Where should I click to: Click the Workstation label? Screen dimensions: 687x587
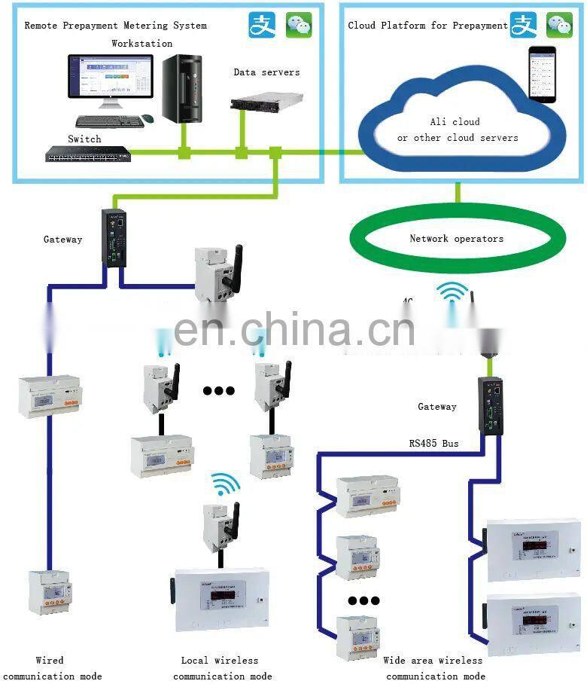click(141, 44)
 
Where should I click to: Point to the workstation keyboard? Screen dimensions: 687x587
click(109, 121)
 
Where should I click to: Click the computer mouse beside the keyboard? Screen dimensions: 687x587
click(148, 119)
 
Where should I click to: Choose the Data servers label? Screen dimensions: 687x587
click(266, 72)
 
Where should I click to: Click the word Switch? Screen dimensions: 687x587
click(84, 139)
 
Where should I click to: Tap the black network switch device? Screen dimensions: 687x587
click(87, 155)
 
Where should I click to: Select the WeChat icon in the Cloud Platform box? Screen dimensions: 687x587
click(559, 25)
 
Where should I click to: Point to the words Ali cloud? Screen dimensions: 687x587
click(455, 121)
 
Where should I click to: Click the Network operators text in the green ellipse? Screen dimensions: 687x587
click(456, 239)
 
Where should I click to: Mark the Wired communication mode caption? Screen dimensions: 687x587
click(50, 668)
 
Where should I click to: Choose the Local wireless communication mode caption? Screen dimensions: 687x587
click(221, 668)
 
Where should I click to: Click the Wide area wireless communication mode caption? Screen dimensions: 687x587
click(433, 668)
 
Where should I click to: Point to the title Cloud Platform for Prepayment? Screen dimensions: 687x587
click(427, 26)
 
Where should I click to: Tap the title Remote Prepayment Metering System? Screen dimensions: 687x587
click(115, 26)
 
